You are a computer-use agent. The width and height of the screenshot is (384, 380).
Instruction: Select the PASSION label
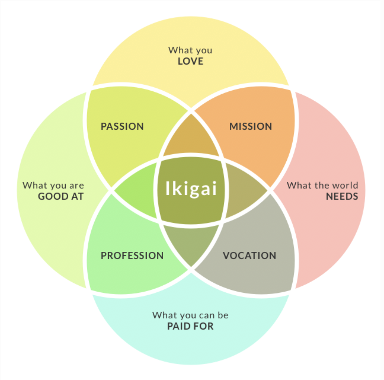pos(122,126)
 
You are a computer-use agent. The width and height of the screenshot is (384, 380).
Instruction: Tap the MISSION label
pos(250,126)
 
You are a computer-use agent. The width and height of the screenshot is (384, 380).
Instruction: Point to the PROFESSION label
pos(132,256)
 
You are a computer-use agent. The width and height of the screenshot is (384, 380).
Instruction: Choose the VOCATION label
pos(249,256)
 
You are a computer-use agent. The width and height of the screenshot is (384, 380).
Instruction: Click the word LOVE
pos(191,61)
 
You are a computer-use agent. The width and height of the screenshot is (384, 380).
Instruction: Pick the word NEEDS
pos(342,197)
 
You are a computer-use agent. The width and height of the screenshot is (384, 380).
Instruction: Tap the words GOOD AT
pos(61,197)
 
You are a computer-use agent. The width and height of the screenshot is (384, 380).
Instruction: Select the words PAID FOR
pos(190,326)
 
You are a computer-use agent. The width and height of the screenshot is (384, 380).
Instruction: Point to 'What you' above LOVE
pos(190,50)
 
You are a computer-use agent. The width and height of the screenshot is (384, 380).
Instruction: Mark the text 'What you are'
pos(53,186)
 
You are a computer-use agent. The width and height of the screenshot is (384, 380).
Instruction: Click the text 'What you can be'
pos(190,315)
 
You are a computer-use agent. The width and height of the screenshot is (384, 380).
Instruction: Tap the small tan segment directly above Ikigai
pos(191,138)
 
